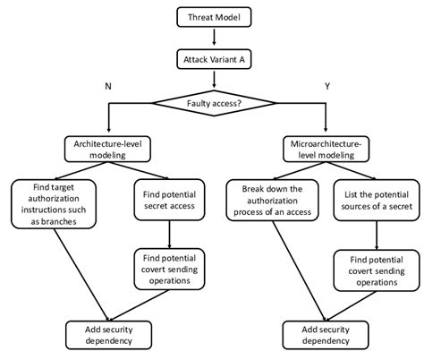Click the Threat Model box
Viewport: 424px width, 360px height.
[214, 17]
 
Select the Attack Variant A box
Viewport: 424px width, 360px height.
[214, 59]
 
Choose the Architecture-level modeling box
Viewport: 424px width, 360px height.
[107, 149]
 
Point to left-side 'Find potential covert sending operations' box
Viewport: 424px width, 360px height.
[170, 268]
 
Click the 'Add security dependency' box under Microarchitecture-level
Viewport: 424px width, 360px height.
[321, 334]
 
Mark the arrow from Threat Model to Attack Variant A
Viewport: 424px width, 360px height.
[214, 37]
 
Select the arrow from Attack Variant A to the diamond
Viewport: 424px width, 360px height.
[214, 79]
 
